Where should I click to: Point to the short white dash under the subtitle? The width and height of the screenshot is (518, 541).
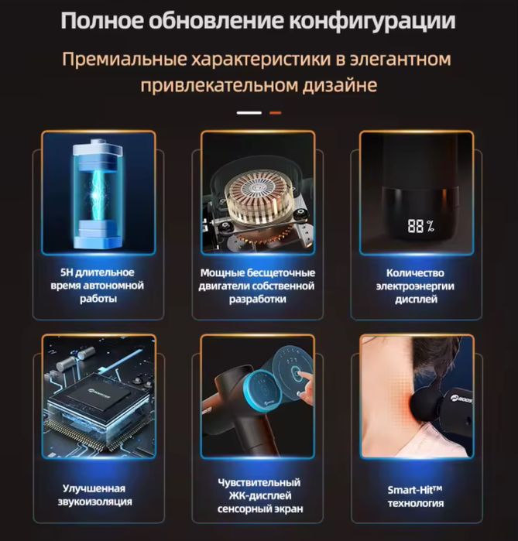tap(249, 113)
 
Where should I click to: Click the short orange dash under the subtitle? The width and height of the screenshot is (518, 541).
tap(275, 113)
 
